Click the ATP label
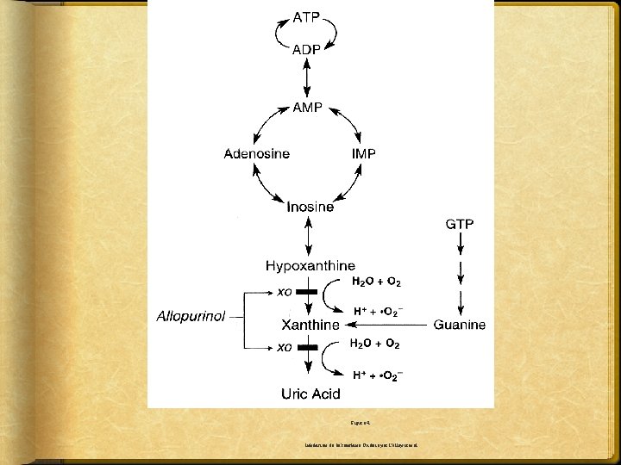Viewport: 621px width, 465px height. (x=308, y=16)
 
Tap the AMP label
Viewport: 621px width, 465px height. (x=308, y=108)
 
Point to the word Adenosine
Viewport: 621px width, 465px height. (x=256, y=153)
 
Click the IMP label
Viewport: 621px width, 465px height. (x=364, y=153)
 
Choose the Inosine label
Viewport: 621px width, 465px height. (x=310, y=207)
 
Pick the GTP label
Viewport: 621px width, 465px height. (x=459, y=225)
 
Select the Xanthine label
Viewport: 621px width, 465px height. (x=310, y=325)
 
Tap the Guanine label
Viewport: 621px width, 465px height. (x=459, y=325)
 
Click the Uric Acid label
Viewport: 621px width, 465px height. (x=310, y=394)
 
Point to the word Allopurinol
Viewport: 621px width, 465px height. (x=191, y=316)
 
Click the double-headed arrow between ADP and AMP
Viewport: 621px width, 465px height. (x=308, y=78)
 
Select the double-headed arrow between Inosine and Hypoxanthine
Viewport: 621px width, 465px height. (x=308, y=235)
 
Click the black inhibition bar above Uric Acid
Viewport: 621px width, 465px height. (x=309, y=349)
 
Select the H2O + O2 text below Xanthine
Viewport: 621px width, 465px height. (x=373, y=344)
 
